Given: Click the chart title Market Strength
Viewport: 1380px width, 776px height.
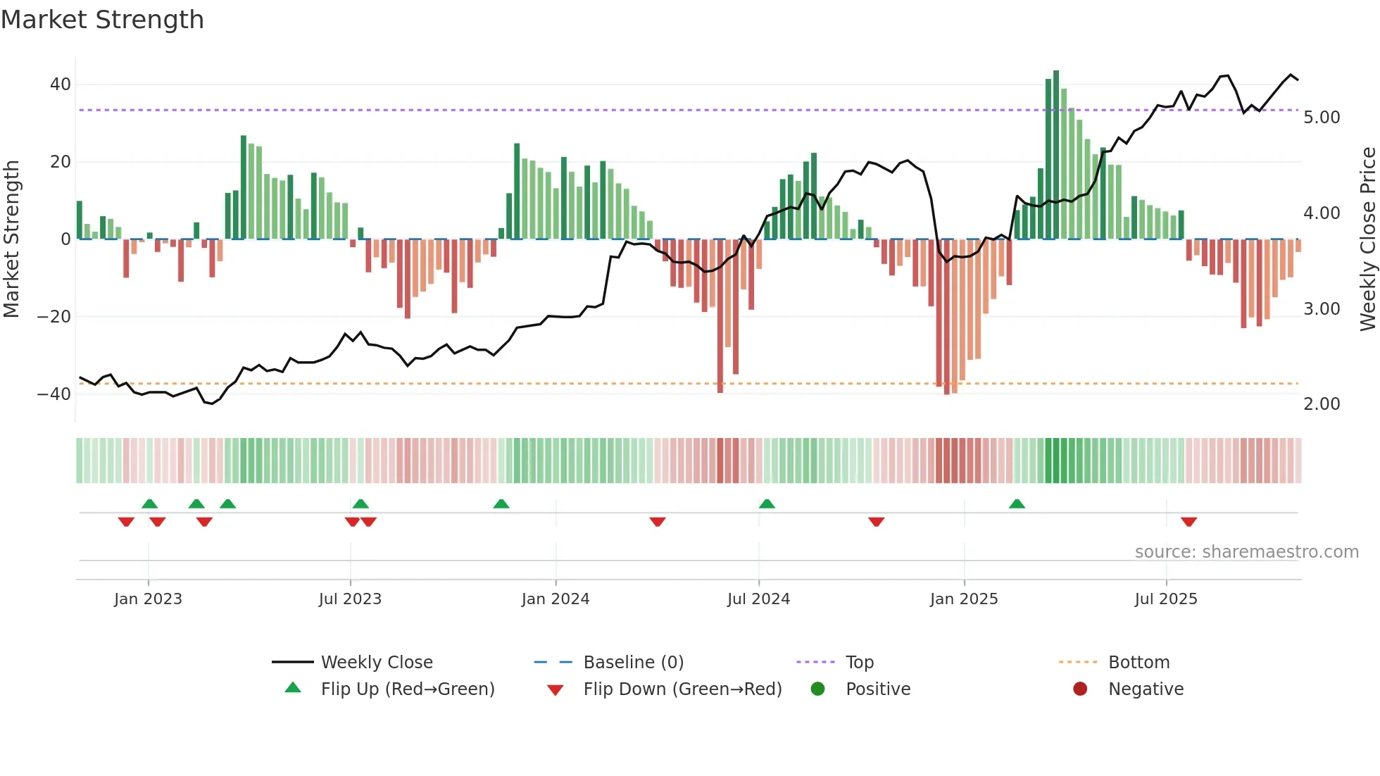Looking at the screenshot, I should click(102, 20).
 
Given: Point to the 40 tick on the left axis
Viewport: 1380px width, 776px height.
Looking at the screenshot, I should click(61, 85).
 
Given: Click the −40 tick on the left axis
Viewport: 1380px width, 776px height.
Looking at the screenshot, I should click(54, 394).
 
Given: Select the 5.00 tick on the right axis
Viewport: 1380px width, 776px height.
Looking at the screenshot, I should click(1322, 118).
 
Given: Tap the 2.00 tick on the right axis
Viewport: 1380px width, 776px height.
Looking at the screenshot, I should click(1322, 404).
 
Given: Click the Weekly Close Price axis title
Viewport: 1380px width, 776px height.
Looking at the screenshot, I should click(1367, 239).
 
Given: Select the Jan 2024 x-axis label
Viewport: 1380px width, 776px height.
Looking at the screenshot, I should click(556, 599).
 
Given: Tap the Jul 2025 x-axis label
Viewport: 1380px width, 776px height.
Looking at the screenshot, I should click(1166, 599).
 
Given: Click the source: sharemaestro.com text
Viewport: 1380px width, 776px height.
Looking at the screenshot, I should click(1246, 552).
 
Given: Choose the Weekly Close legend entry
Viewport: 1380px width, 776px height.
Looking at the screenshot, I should click(376, 663).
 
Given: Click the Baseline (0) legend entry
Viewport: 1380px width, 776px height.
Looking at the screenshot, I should click(633, 663).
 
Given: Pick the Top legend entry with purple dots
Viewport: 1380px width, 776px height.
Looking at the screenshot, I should click(859, 663).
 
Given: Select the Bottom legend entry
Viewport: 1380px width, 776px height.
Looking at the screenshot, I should click(1138, 663).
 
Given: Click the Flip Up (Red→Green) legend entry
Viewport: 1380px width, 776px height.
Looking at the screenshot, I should click(407, 689).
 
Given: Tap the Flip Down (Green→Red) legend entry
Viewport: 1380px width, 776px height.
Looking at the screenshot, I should click(682, 689).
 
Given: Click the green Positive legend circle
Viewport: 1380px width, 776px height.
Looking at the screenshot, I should click(817, 689).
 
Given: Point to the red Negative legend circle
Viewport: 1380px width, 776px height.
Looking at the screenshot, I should click(1080, 689).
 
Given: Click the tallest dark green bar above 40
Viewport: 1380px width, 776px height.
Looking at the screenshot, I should click(1056, 155).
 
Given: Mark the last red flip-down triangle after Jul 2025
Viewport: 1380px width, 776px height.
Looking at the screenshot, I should click(1188, 522).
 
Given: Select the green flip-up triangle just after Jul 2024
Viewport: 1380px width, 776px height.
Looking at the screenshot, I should click(767, 503).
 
